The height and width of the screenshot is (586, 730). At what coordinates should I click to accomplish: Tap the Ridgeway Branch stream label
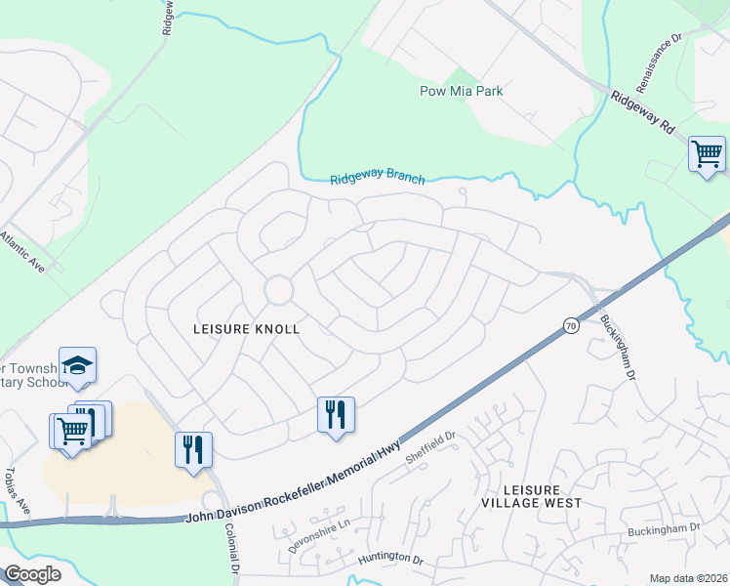pos(377,179)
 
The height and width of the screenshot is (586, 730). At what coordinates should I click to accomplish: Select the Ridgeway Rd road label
pos(643,113)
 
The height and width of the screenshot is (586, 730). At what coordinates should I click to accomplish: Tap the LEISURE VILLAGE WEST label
pos(531,495)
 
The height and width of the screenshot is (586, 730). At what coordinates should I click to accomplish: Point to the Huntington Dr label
pos(389,558)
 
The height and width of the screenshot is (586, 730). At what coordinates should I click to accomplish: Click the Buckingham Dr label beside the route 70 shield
pos(618,347)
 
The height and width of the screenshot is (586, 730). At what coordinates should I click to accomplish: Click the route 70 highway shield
pos(571,325)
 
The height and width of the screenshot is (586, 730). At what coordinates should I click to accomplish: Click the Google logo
pos(32,574)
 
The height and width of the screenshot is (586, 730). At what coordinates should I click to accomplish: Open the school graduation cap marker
pos(78,366)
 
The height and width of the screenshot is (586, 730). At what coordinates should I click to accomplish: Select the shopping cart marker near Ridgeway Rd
pos(707,154)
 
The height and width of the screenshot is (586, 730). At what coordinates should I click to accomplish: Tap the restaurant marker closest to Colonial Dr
pos(193,449)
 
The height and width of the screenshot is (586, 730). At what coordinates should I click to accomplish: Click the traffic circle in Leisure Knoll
pos(278,289)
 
